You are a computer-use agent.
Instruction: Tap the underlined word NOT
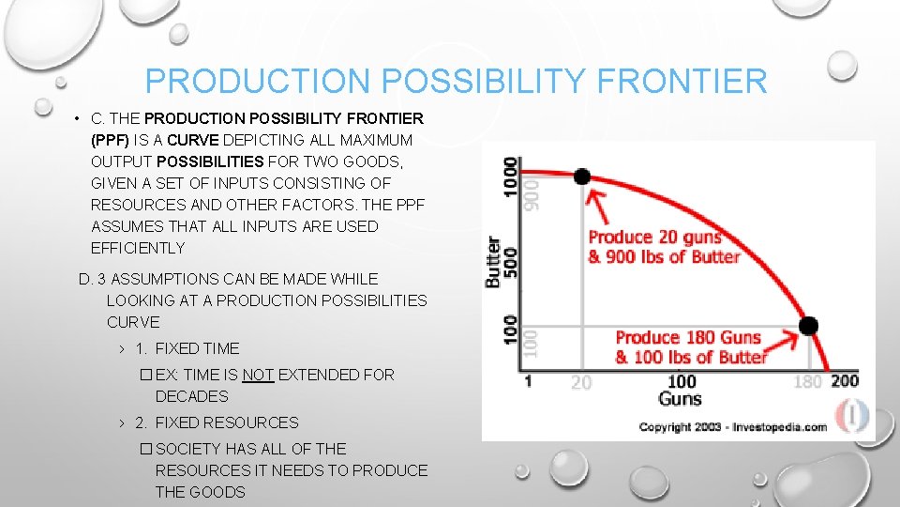point(258,375)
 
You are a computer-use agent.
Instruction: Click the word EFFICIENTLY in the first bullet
point(138,248)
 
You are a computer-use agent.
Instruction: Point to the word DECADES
point(191,396)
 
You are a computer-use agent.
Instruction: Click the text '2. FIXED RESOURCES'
point(217,422)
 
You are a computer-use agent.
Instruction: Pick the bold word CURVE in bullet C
point(247,140)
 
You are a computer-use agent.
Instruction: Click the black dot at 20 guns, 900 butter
point(582,177)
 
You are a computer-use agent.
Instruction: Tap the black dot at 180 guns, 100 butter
point(808,326)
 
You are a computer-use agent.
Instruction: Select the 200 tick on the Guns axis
point(844,380)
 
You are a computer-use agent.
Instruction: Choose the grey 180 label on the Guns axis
point(807,381)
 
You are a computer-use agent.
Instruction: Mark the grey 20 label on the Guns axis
point(581,382)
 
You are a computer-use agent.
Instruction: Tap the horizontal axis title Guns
point(680,399)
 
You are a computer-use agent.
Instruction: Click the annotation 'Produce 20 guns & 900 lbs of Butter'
point(664,247)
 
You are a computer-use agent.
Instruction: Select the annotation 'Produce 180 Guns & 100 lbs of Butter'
point(692,346)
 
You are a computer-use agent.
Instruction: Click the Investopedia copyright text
point(732,427)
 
